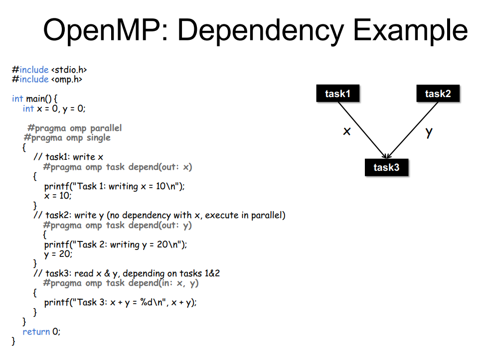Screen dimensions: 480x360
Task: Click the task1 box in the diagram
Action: point(337,93)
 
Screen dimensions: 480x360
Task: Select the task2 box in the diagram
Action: point(438,93)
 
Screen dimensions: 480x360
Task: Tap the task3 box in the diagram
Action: point(386,167)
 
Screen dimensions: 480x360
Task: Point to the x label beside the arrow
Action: point(347,131)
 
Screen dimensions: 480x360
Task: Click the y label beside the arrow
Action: point(429,132)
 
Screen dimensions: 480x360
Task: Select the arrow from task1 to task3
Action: point(362,130)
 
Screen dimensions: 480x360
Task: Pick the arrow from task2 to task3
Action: point(412,130)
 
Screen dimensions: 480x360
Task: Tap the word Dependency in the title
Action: point(261,30)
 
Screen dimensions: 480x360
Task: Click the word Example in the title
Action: point(411,30)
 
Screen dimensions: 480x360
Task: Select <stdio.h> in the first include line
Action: point(69,70)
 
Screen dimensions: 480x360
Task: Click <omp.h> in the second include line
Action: point(67,80)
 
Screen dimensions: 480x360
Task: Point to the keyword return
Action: point(36,332)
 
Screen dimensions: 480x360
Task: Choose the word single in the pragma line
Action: point(98,138)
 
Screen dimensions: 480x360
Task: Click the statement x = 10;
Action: point(57,196)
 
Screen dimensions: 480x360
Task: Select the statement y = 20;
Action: point(58,254)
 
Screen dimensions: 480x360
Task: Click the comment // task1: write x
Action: point(68,157)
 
